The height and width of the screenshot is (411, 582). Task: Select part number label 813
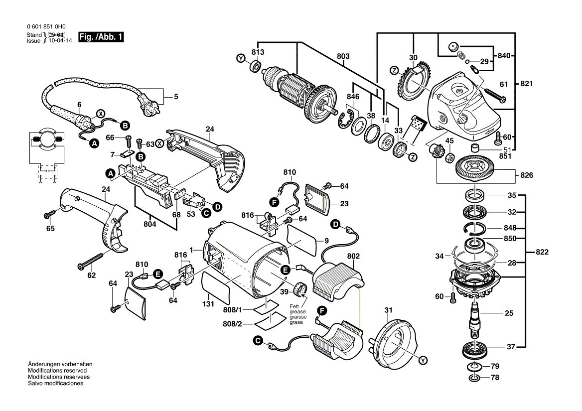[x=258, y=52]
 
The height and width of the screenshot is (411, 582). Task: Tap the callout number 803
[x=343, y=56]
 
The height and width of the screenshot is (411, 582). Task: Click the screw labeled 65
[x=50, y=214]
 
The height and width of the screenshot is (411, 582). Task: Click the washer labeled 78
[x=473, y=378]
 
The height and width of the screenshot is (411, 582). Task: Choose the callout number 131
[x=208, y=304]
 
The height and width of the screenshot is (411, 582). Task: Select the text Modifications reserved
[x=57, y=371]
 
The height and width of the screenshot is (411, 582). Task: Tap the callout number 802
[x=353, y=257]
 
